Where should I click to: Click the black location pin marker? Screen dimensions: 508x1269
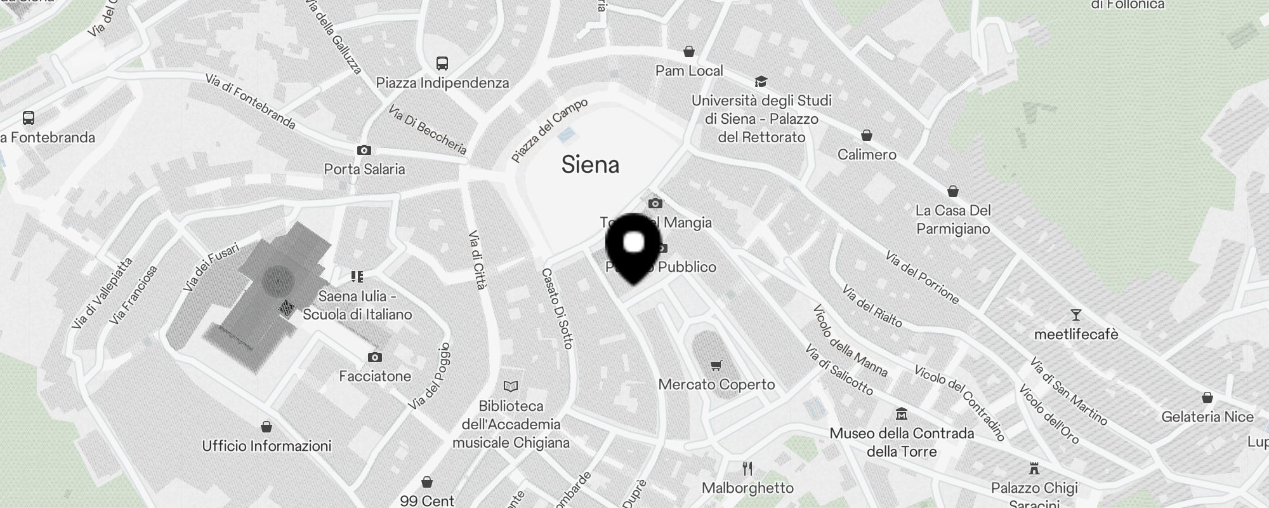(634, 247)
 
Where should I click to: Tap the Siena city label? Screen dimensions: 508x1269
(590, 165)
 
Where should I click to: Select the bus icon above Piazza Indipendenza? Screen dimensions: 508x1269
(442, 63)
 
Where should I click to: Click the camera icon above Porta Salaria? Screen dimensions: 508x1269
(364, 150)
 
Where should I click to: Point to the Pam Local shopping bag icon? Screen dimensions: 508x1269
(689, 51)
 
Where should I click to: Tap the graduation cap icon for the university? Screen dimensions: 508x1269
(760, 81)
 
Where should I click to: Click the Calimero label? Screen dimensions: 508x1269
(867, 154)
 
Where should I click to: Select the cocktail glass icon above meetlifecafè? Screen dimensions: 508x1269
(1075, 315)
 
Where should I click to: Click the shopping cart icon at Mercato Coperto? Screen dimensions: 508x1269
(716, 365)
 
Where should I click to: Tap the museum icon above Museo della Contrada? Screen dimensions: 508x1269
(902, 415)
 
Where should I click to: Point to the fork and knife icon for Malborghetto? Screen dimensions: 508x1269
(747, 469)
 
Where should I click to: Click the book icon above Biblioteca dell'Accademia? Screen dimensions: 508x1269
(511, 386)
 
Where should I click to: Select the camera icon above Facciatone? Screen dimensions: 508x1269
(375, 357)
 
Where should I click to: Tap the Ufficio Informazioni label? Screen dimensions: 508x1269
(266, 446)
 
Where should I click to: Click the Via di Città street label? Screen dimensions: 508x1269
(478, 260)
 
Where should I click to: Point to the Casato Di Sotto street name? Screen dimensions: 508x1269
(557, 308)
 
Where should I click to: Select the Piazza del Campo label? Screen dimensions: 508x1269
(549, 130)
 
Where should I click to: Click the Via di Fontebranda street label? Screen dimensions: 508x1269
(251, 101)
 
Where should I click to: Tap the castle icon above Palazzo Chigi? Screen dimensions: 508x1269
(1034, 469)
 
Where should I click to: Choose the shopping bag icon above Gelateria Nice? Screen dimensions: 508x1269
(1207, 398)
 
